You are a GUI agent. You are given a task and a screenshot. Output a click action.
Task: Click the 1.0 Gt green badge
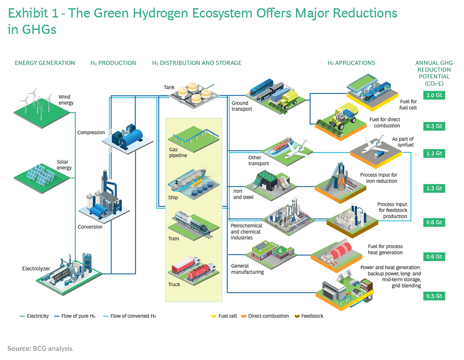pos(434,95)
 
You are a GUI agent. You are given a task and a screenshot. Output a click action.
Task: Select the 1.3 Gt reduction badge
pos(434,188)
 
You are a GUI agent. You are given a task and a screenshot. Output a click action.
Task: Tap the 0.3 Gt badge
pos(434,126)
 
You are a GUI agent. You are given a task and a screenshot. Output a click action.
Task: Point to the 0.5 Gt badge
pos(434,296)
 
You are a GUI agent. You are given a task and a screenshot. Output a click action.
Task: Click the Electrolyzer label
pos(36,268)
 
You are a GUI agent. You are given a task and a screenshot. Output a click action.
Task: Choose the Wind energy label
pos(66,100)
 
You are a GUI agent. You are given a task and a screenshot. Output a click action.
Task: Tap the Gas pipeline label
pos(178,152)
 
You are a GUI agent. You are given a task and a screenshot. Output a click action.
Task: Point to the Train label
pos(174,238)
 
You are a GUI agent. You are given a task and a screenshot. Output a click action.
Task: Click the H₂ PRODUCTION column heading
pos(113,63)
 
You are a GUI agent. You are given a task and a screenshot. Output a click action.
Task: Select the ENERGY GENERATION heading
pos(45,63)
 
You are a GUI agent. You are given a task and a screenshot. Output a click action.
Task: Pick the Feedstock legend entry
pos(309,316)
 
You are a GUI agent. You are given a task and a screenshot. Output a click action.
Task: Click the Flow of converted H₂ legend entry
pos(130,316)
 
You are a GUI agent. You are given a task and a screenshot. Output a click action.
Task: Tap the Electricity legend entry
pos(34,316)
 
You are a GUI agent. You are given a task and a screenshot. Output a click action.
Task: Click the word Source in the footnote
pos(19,349)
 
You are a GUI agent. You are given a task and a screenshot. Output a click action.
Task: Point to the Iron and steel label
pos(243,194)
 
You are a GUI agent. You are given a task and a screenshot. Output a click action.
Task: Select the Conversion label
pos(90,227)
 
